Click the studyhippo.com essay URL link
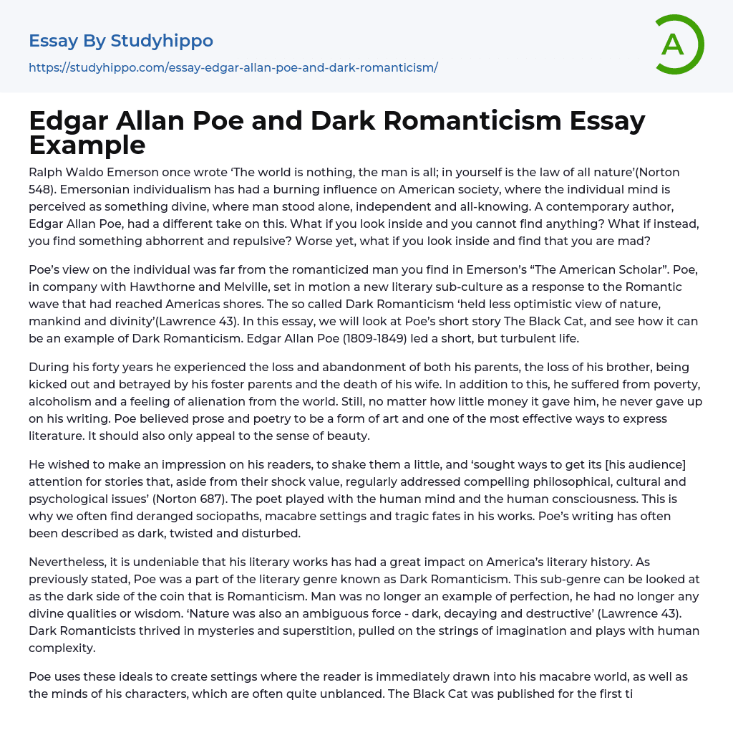pos(233,67)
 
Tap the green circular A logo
pos(676,44)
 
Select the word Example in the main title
pos(87,145)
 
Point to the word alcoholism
pos(61,401)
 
